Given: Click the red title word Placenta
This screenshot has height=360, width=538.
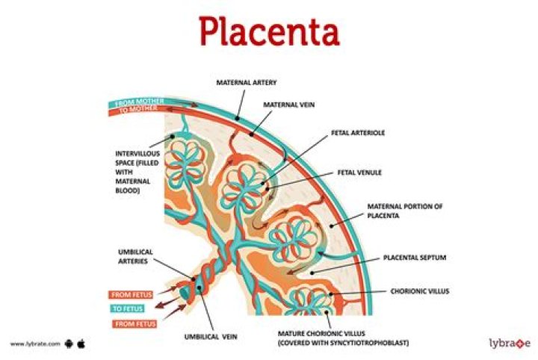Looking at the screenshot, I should [269, 32].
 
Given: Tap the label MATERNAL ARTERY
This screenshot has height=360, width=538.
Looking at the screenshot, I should [247, 82].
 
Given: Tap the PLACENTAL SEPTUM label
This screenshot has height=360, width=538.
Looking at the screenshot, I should [415, 257].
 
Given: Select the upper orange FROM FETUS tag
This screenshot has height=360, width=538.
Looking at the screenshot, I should [131, 294].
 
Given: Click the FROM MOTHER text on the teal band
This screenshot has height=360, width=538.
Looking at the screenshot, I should [137, 102].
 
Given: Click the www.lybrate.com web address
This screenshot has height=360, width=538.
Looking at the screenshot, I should [34, 344].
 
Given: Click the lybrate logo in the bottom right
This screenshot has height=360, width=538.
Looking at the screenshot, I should [504, 343].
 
